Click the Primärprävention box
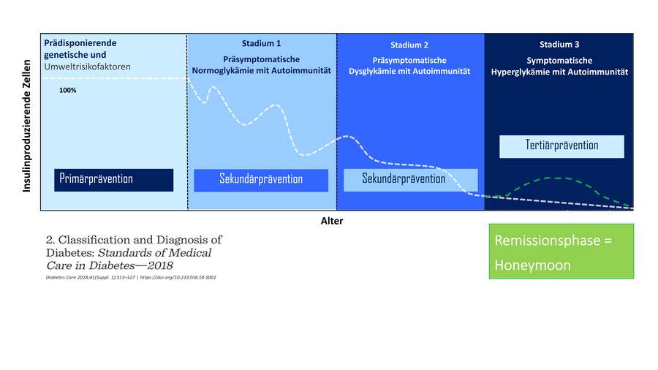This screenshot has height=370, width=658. (115, 179)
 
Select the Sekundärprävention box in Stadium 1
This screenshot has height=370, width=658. (260, 180)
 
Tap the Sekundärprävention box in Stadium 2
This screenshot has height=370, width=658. (410, 179)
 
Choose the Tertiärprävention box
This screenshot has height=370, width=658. (561, 146)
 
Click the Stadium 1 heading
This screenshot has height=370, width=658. (261, 43)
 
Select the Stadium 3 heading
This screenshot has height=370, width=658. (559, 44)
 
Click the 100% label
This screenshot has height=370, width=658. (68, 90)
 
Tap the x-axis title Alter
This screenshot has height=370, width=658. (331, 220)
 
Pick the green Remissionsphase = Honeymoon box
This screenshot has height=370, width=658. (561, 251)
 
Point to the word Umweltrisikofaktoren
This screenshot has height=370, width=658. (87, 67)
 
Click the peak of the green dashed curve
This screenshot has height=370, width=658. (558, 178)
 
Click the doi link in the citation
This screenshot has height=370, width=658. (175, 277)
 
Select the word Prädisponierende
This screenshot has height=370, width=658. (80, 43)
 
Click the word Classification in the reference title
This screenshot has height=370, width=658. (94, 240)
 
